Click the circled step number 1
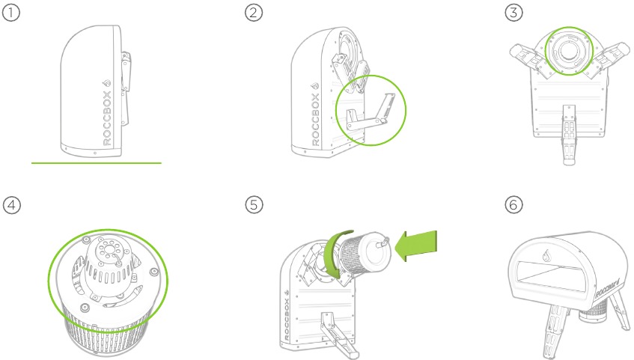point(11,13)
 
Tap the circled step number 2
point(254,13)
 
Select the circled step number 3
point(513,13)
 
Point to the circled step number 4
point(11,205)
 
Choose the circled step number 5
point(254,204)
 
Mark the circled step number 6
point(513,204)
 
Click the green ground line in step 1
point(97,163)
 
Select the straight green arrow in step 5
point(415,246)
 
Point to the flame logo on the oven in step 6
point(546,255)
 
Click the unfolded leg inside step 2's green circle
point(370,115)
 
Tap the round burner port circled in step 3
point(569,51)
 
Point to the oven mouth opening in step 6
point(556,276)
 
